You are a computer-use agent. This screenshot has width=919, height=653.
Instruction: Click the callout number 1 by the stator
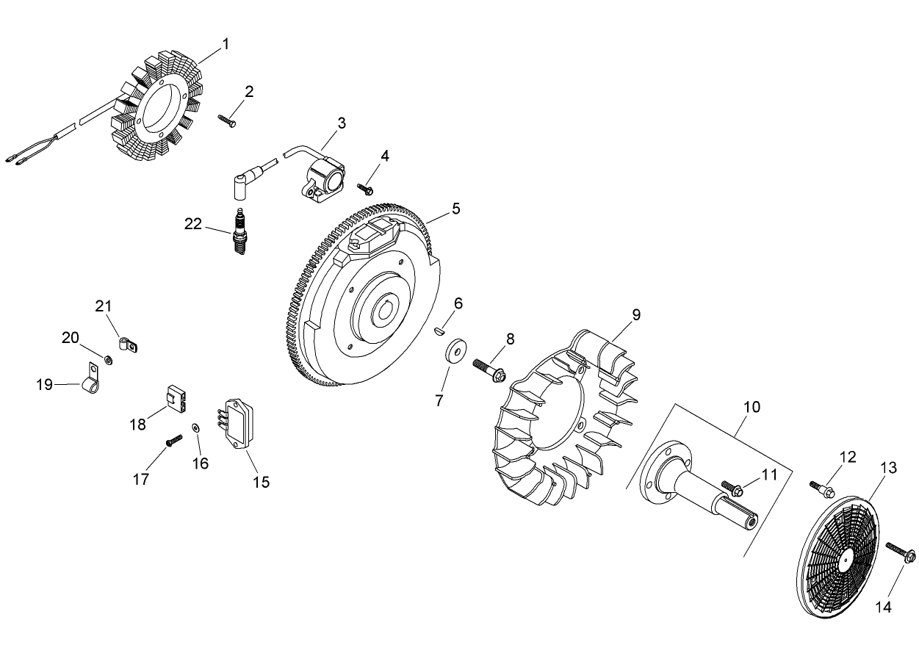click(x=226, y=44)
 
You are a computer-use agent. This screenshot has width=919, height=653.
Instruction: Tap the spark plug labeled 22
click(x=239, y=232)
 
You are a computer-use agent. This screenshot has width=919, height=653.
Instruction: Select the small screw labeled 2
click(x=228, y=120)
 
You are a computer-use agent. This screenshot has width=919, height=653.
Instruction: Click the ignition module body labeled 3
click(x=322, y=178)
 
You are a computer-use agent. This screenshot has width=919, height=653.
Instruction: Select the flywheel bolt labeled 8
click(x=491, y=369)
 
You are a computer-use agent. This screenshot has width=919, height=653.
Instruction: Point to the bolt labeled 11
click(x=734, y=487)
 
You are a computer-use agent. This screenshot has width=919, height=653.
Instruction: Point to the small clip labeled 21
click(x=129, y=344)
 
